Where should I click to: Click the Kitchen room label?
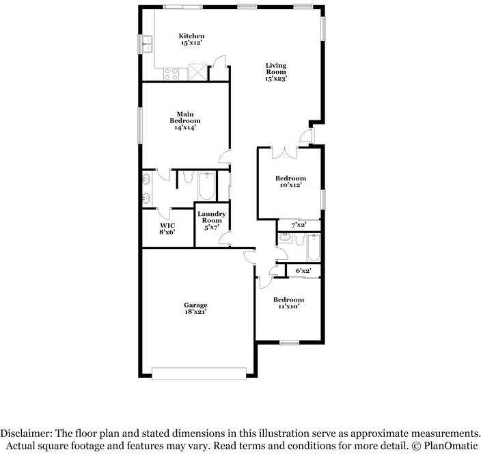click(x=191, y=39)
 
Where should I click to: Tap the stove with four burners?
click(x=171, y=72)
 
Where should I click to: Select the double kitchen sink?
click(x=147, y=44)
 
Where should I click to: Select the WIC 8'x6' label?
click(x=167, y=229)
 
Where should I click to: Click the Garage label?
click(x=195, y=308)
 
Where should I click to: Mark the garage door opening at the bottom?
click(x=199, y=374)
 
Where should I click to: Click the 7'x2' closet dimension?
click(x=299, y=225)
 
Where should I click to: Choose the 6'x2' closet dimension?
click(x=303, y=271)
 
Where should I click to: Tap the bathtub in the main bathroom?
click(x=207, y=186)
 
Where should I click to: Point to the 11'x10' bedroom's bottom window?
click(x=289, y=342)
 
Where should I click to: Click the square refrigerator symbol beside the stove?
click(x=197, y=72)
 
